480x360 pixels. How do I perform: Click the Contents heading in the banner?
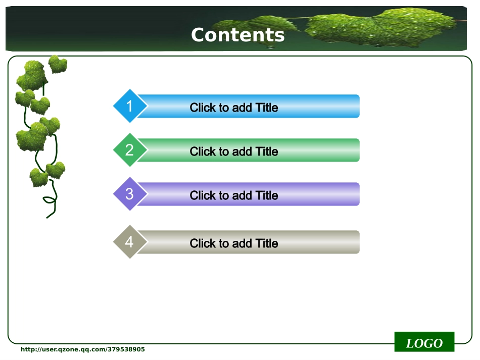point(238,35)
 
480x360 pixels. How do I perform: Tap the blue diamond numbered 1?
point(130,106)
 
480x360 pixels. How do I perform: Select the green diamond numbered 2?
point(130,150)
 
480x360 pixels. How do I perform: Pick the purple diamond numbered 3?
point(130,194)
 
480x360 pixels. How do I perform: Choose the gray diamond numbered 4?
point(130,242)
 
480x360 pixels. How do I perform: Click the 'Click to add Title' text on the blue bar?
point(234,108)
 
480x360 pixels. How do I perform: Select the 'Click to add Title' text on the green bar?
point(234,151)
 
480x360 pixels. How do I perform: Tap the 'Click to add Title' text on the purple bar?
point(234,195)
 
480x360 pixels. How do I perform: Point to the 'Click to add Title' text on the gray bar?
point(234,243)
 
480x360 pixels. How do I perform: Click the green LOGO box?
point(424,342)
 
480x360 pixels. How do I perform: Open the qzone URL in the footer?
point(83,349)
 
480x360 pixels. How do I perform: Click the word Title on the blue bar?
point(267,108)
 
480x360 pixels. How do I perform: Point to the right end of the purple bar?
point(359,194)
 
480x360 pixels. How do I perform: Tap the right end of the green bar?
point(359,150)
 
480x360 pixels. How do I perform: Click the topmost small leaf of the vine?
point(58,64)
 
